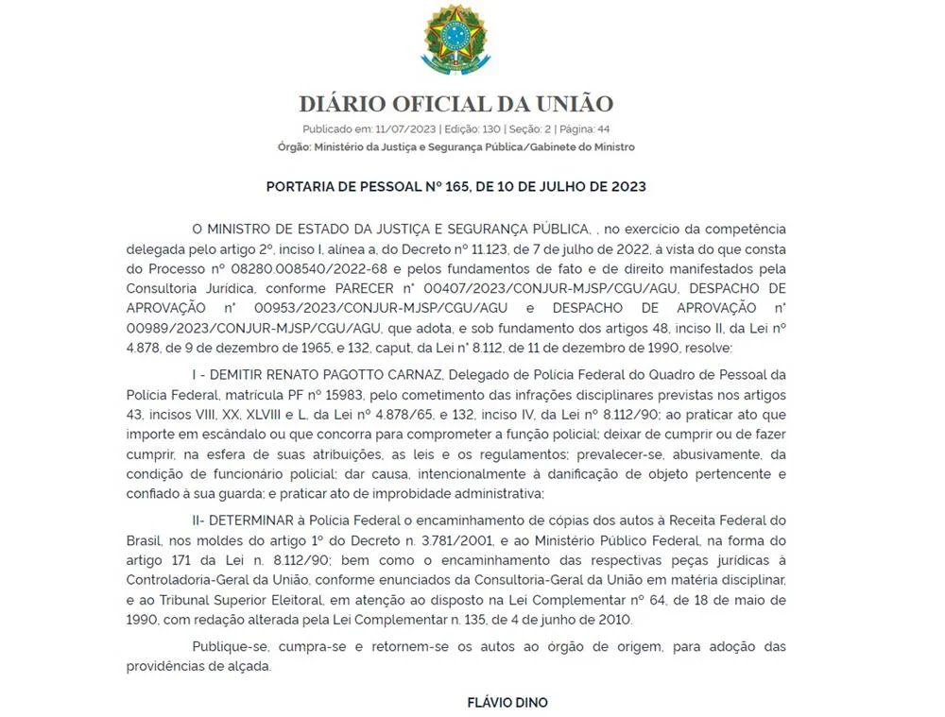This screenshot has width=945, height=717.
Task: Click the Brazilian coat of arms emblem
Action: click(455, 40)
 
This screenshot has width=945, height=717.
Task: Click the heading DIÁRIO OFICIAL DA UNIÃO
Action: click(456, 104)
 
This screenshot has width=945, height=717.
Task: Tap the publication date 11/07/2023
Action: click(393, 129)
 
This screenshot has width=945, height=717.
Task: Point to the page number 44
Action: click(603, 129)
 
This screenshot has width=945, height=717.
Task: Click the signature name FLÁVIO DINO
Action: click(507, 702)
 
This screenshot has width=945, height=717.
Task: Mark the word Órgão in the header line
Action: click(293, 147)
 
